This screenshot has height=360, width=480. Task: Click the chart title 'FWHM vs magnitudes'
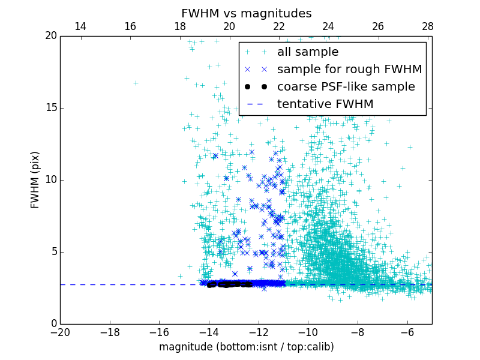click(x=246, y=13)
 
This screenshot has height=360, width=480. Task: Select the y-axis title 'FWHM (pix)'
click(x=35, y=179)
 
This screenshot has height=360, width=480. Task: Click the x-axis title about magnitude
click(x=246, y=347)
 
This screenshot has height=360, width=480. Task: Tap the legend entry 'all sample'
click(x=307, y=52)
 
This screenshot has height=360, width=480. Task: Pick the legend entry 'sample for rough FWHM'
click(x=349, y=70)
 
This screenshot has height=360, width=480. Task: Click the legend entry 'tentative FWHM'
click(x=325, y=104)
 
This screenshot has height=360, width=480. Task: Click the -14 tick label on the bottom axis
click(x=209, y=332)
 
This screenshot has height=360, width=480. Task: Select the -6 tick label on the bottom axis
click(x=407, y=332)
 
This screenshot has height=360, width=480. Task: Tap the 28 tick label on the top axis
click(x=427, y=26)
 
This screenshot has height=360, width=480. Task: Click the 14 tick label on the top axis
click(x=80, y=26)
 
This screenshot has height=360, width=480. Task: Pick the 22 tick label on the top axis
click(x=278, y=26)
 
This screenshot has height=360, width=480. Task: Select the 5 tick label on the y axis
click(x=52, y=252)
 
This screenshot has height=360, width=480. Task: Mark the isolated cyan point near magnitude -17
click(x=136, y=83)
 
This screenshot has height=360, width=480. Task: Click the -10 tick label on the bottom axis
click(x=308, y=332)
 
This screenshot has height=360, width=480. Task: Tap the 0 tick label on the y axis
click(x=52, y=324)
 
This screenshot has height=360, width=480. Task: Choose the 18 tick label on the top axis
click(x=179, y=26)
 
